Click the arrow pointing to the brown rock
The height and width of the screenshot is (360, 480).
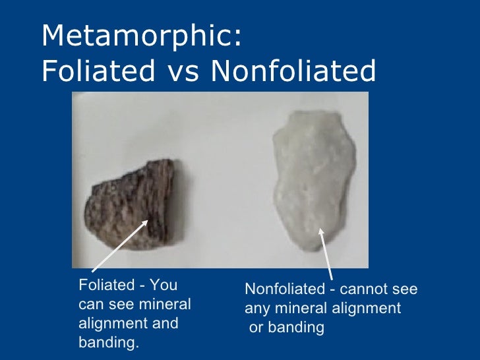click(119, 247)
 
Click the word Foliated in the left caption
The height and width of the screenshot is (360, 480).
click(105, 286)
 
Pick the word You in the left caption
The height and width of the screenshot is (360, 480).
click(164, 286)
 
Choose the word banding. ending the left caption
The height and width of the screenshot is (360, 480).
click(109, 343)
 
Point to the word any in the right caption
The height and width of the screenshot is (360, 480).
click(256, 308)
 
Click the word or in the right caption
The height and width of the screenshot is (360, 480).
click(256, 327)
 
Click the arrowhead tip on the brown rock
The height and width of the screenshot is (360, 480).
click(148, 221)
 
